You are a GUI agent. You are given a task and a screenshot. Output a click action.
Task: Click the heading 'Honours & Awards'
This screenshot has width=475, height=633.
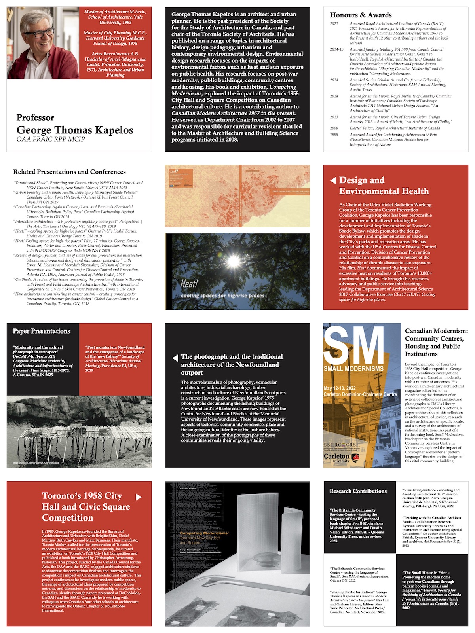(x=361, y=15)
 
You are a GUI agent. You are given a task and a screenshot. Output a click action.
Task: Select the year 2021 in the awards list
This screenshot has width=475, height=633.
(x=334, y=24)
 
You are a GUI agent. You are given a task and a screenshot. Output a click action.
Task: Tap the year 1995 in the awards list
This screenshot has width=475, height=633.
(x=334, y=135)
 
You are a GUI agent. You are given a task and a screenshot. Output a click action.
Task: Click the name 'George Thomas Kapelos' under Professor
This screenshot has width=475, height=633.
(x=75, y=130)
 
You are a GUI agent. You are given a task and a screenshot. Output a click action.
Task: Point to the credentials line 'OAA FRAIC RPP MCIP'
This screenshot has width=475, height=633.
(x=51, y=139)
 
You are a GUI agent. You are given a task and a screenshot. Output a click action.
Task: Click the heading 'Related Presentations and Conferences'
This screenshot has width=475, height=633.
(x=69, y=172)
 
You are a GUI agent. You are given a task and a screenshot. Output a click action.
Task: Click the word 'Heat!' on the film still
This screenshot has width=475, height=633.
(x=189, y=284)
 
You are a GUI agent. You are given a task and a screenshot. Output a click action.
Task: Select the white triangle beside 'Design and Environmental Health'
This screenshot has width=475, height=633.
(x=333, y=180)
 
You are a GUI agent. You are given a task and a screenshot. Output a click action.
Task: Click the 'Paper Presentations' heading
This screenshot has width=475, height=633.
(x=41, y=331)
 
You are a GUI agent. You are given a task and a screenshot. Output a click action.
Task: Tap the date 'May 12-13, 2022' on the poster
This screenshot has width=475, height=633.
(x=340, y=388)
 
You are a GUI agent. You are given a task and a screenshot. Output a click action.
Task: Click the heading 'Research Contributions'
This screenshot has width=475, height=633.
(x=358, y=491)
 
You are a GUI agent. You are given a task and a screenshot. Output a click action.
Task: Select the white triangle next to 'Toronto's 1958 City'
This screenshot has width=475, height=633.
(x=139, y=497)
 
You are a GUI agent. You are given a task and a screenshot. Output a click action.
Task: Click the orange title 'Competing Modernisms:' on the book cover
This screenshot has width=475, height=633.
(x=204, y=533)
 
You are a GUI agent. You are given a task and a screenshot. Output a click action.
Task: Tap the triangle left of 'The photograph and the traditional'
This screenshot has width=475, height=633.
(x=175, y=358)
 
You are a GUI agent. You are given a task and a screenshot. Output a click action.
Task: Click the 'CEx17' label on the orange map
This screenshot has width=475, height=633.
(x=173, y=171)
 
